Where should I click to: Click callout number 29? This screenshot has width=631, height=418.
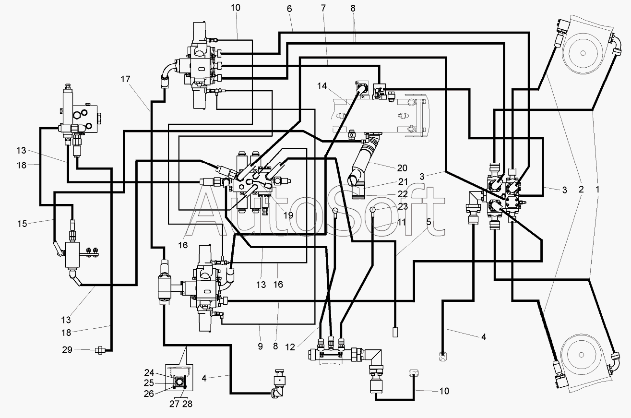[x=67, y=350]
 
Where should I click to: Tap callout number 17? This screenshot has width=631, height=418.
[x=125, y=79]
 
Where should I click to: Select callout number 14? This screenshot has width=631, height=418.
[x=322, y=86]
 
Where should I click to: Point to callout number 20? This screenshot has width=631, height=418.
[x=402, y=168]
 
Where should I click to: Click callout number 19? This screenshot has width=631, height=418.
[x=288, y=215]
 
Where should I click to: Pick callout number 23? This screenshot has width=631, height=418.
[x=403, y=206]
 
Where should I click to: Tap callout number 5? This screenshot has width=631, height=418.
[x=429, y=222]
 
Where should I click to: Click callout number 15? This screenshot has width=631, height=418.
[x=22, y=224]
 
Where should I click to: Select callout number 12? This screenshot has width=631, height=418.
[x=290, y=347]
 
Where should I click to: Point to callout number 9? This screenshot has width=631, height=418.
[x=260, y=346]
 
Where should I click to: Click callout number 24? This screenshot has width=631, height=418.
[x=149, y=373]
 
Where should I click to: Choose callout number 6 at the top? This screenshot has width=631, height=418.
[x=289, y=9]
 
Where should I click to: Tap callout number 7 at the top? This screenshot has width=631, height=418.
[x=323, y=9]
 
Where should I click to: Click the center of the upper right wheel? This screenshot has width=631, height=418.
[x=583, y=53]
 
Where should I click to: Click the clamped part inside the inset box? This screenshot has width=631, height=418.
[x=179, y=382]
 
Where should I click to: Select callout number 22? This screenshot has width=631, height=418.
[x=403, y=194]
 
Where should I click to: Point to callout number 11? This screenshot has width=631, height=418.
[x=401, y=222]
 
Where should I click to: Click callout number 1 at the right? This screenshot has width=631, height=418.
[x=597, y=190]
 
